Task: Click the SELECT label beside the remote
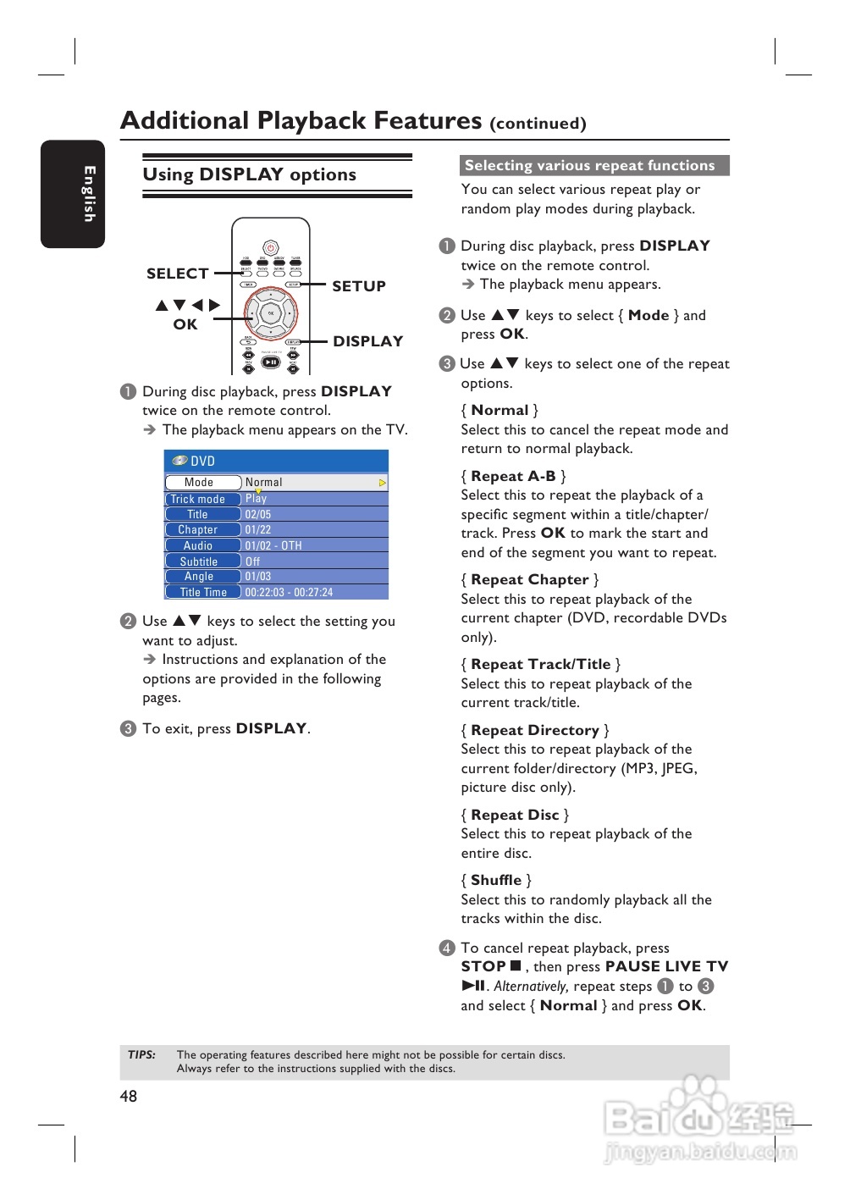coord(177,274)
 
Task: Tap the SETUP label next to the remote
coord(359,286)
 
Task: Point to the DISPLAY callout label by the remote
coord(367,341)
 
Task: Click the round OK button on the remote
coord(271,313)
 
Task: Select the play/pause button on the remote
coord(271,362)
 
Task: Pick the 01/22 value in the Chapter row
coord(258,530)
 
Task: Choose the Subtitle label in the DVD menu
coord(199,561)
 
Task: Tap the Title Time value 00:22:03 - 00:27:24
coord(289,593)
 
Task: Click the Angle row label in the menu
coord(199,577)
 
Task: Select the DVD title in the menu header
coord(202,461)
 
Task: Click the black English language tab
coord(73,194)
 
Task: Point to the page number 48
coord(129,1096)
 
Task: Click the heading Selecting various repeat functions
coord(590,166)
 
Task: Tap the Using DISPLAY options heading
coord(249,174)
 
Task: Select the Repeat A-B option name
coord(513,476)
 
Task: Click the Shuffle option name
coord(496,880)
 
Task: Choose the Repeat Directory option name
coord(535,730)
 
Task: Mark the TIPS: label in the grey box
coord(142,1055)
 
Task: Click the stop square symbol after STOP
coord(516,965)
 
